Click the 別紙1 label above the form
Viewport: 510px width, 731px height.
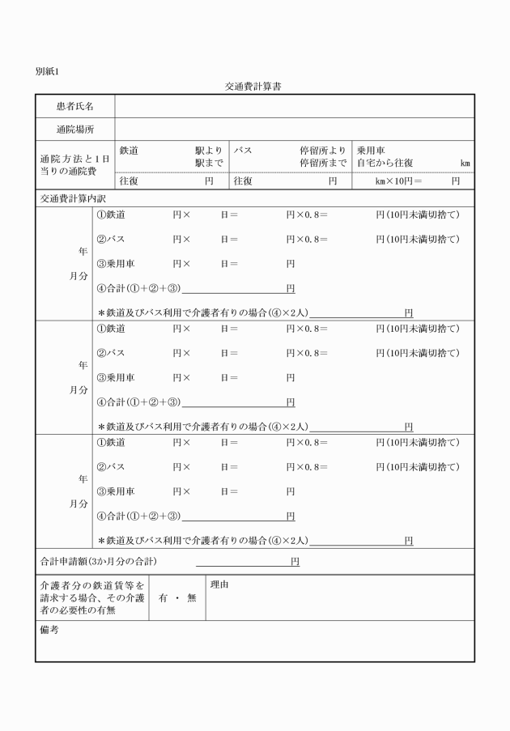click(x=47, y=71)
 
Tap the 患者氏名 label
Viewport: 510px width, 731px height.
click(x=74, y=106)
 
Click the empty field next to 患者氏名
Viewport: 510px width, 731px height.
click(x=295, y=106)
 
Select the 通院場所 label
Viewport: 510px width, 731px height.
click(x=74, y=129)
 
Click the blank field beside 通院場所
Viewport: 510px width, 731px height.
click(x=295, y=129)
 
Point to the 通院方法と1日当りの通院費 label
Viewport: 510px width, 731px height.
click(x=74, y=157)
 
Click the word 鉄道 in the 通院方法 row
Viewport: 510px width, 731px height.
click(x=130, y=151)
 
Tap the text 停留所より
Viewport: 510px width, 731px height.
click(x=323, y=151)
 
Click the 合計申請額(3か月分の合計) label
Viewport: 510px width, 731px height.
click(x=98, y=560)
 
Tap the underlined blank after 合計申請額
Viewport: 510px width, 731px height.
click(x=243, y=560)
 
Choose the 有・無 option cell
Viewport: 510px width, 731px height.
click(x=177, y=598)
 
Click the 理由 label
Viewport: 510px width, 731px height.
click(x=219, y=584)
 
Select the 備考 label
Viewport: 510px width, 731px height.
click(x=49, y=630)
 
